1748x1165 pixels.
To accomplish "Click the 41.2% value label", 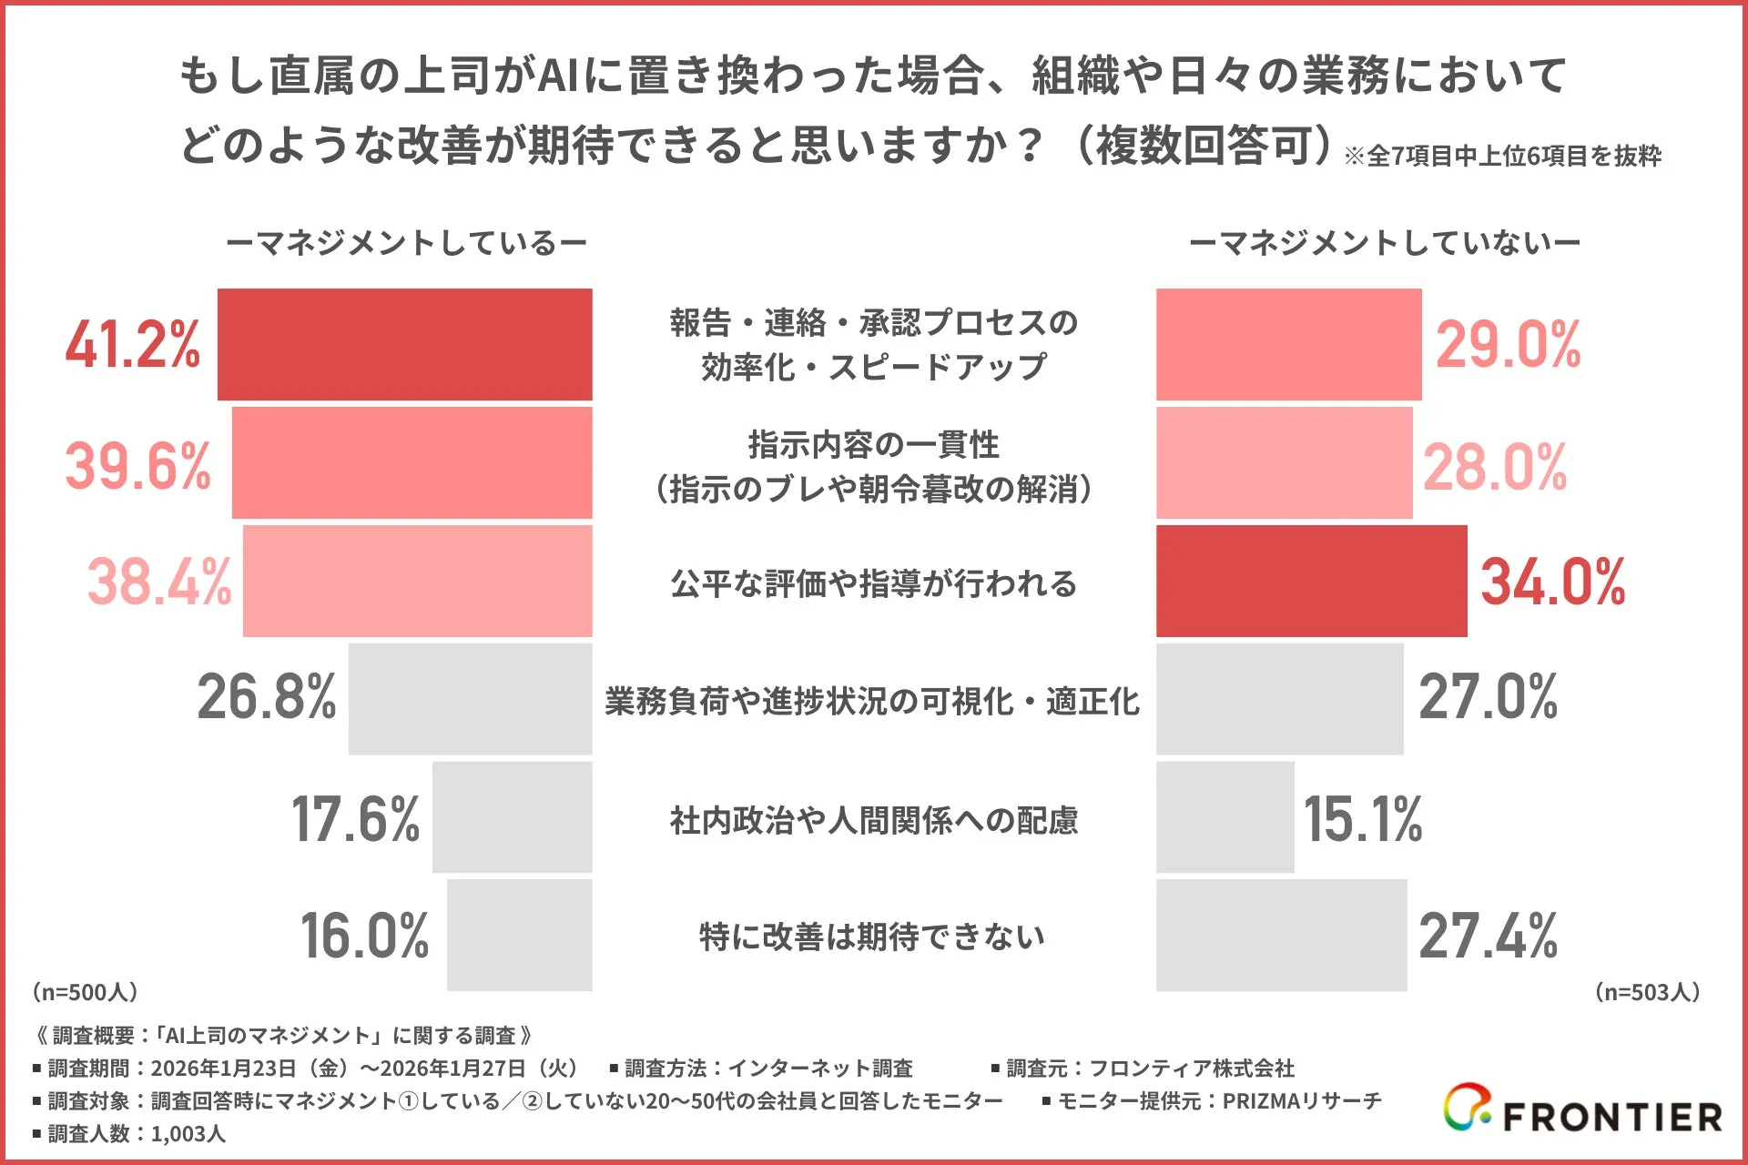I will coord(133,345).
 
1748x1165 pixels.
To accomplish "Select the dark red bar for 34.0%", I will coord(1311,581).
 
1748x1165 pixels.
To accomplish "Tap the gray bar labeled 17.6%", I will coord(512,816).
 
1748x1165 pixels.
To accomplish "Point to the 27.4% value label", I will coord(1488,936).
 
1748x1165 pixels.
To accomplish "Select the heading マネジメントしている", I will coord(406,243).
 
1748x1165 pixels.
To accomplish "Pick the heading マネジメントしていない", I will coord(1384,243).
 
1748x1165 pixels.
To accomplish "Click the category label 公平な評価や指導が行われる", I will coord(873,583).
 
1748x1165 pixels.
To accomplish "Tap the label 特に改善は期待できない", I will coord(871,936).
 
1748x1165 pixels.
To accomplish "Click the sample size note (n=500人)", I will coord(85,991).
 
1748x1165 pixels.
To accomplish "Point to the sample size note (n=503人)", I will coord(1648,991).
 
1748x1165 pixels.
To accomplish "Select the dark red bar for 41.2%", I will coord(404,344).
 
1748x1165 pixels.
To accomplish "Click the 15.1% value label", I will coord(1363,818).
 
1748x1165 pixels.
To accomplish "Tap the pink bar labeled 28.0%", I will coord(1284,462).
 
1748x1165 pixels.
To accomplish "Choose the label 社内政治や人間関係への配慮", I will coord(873,820).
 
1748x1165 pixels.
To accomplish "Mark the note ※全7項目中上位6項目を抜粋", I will coord(1502,157).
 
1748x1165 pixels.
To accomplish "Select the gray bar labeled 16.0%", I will coord(519,935).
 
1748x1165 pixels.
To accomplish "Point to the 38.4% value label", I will coord(159,582).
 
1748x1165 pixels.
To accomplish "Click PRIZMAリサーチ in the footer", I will coord(1300,1100).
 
